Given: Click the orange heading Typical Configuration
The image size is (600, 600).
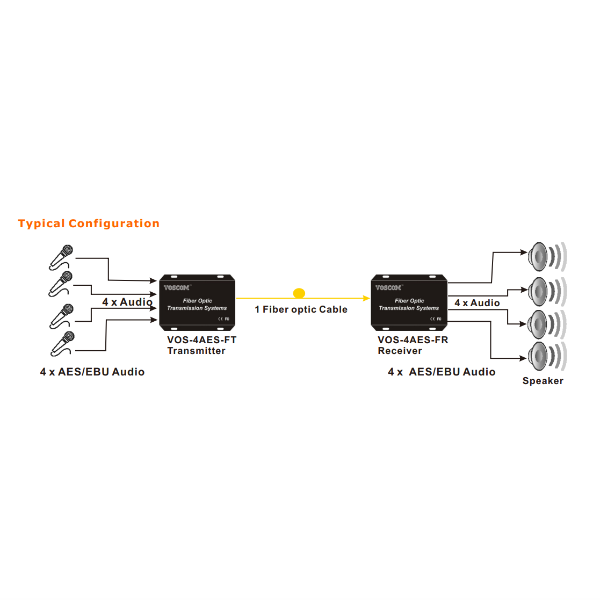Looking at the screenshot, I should coord(89,223).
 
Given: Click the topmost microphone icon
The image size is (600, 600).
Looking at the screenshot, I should coord(61,257).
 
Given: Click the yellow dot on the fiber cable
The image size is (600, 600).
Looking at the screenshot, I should coord(299,293).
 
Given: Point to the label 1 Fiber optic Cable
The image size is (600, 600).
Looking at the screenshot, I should coord(301,309).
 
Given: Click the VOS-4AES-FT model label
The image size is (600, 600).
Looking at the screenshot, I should coord(201,340).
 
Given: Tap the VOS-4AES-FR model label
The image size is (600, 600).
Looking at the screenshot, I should coord(413,340).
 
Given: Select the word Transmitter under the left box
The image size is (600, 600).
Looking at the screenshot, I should coord(196,351).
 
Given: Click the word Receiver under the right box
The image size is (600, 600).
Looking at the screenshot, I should coord(400,351).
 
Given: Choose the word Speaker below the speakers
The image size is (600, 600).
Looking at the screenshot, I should coord(543,381).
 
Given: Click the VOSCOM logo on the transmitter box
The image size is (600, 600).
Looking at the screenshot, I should coord(177,288).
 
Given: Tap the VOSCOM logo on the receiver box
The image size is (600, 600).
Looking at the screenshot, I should coord(388,288).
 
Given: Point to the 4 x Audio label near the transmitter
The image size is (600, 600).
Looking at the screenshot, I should coord(127,302).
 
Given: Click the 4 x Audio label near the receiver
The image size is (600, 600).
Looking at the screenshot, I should coord(477,303).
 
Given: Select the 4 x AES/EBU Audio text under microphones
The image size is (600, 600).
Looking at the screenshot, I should coord(92,372).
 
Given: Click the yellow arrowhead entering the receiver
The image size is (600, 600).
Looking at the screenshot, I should coord(366,298).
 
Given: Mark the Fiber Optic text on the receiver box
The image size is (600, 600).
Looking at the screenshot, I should coord(409,301).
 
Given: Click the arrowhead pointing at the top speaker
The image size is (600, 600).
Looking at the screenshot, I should coord(524,252).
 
